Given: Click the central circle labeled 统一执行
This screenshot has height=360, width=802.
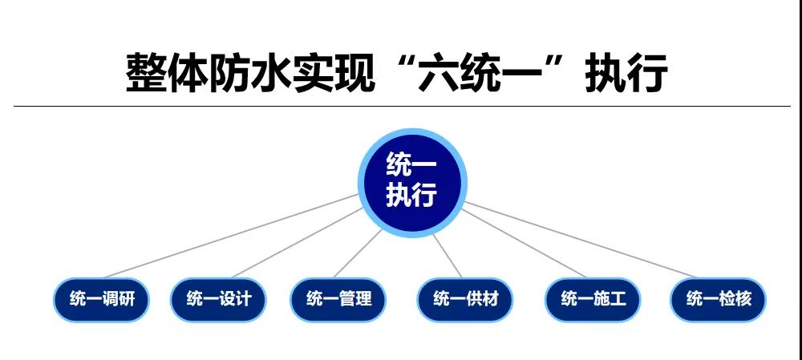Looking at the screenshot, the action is tap(412, 183).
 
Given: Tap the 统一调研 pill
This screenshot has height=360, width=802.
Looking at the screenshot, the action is tap(101, 300).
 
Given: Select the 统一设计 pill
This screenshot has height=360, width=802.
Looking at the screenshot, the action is tap(218, 300).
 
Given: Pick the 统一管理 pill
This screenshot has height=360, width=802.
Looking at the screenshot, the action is tap(338, 300).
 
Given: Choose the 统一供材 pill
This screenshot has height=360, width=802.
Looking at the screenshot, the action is tap(465, 300).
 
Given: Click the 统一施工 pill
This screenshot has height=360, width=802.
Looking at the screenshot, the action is tap(593, 300).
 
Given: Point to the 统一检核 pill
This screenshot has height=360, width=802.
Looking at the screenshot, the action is tap(718, 300).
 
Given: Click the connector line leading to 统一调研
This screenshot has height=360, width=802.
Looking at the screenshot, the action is tap(231, 237).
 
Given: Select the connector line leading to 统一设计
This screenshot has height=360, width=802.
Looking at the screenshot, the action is tap(298, 243).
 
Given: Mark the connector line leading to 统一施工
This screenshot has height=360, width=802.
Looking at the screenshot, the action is tap(524, 244).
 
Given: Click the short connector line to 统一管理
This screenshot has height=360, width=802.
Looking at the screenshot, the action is tap(358, 253).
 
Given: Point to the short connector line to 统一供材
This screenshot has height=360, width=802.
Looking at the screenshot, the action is tap(447, 257).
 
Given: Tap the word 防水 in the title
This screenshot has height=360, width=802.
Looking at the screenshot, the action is tap(250, 74).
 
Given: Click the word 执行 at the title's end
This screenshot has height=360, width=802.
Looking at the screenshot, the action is tap(626, 74).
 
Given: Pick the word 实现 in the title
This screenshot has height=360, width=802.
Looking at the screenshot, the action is tap(334, 74).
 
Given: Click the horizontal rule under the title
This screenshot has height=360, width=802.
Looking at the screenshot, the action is tap(402, 107).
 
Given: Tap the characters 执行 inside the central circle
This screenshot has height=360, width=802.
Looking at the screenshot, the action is tap(411, 195).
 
